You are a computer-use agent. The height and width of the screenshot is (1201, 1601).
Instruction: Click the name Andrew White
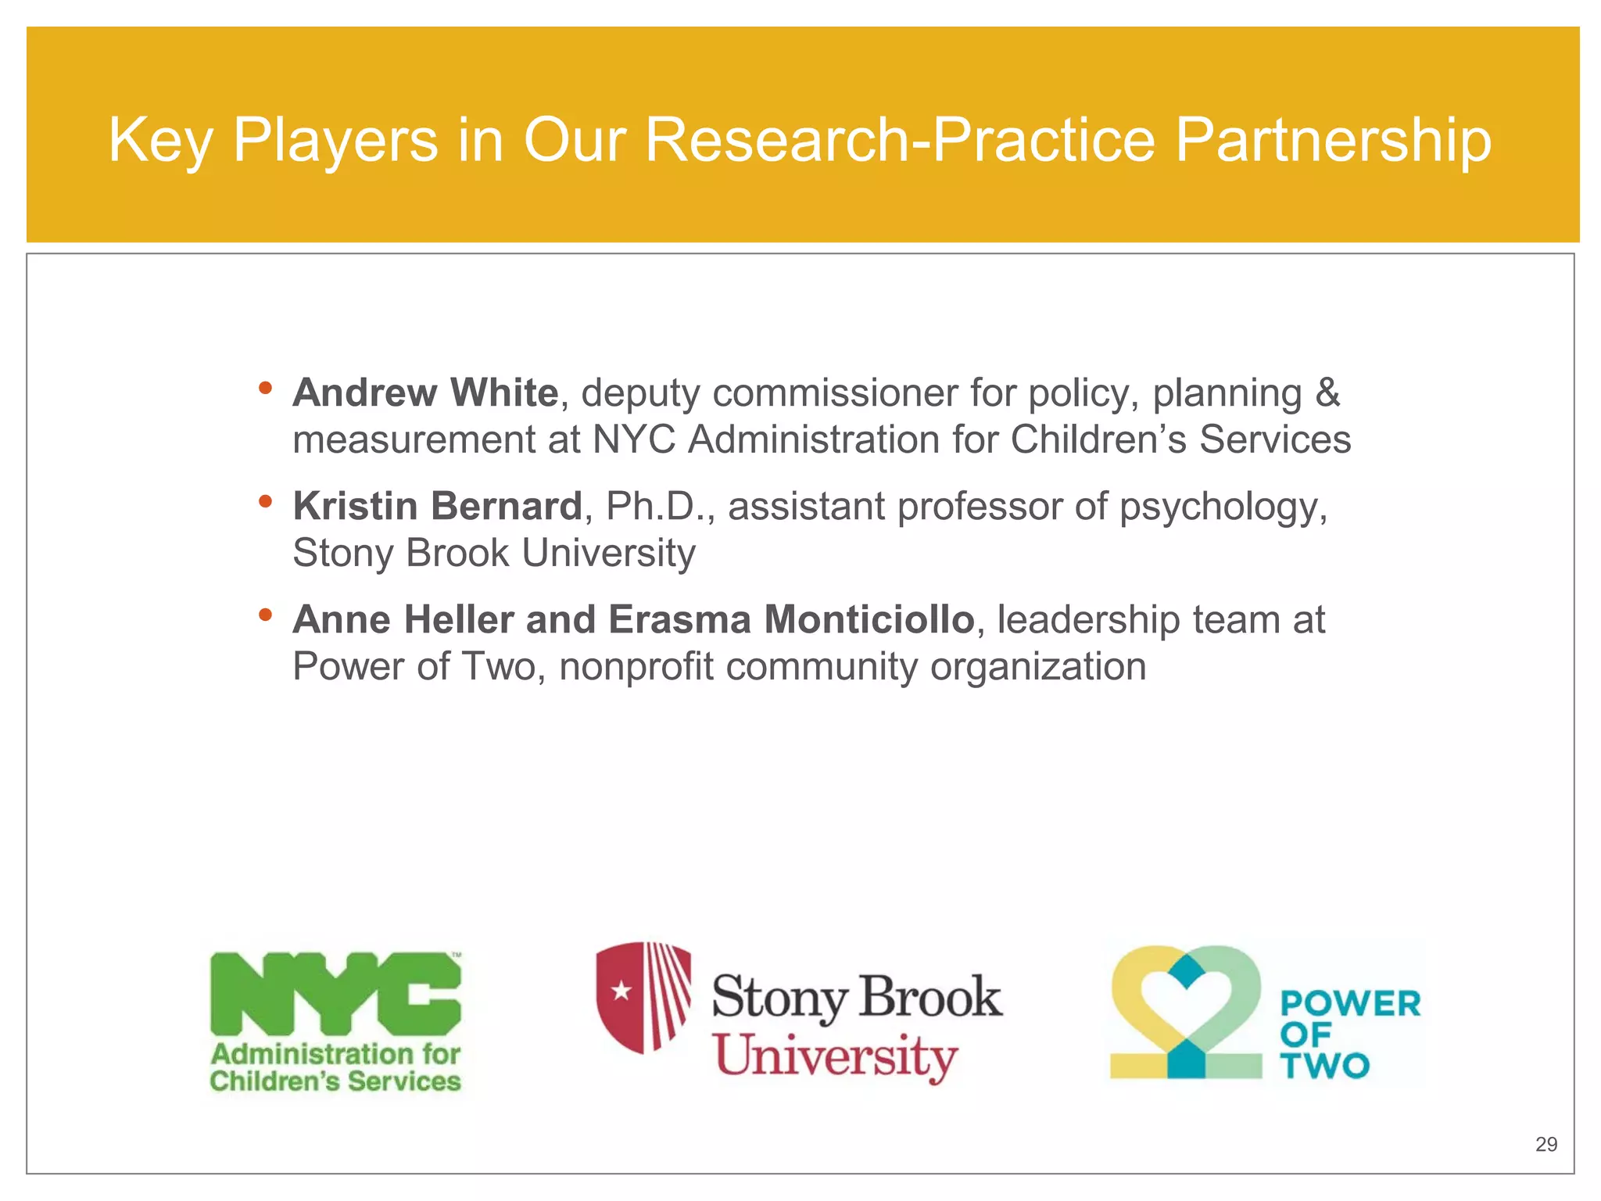click(x=425, y=393)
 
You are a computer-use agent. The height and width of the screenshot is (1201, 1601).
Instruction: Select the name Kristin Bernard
click(x=437, y=506)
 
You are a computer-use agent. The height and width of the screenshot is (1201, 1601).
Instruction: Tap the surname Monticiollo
click(x=869, y=619)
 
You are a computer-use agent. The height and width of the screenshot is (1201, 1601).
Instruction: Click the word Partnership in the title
click(x=1333, y=141)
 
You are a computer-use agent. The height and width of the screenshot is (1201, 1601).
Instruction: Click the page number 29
click(x=1546, y=1144)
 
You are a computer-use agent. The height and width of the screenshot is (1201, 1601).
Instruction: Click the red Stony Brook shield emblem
click(x=643, y=997)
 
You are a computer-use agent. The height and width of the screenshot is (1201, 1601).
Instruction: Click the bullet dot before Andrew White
click(x=266, y=388)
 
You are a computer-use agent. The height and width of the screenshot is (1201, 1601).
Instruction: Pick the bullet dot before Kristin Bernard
click(x=266, y=501)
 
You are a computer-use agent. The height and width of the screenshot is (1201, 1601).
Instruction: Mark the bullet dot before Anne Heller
click(x=266, y=615)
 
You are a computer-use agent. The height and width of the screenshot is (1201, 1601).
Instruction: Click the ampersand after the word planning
click(x=1327, y=393)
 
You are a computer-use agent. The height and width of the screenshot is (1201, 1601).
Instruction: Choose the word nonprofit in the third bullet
click(x=636, y=667)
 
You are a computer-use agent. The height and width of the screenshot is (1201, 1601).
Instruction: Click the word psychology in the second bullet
click(x=1223, y=507)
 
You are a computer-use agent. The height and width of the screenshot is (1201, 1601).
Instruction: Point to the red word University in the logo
click(x=836, y=1056)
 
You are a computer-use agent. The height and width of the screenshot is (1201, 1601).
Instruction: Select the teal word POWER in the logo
click(x=1350, y=1004)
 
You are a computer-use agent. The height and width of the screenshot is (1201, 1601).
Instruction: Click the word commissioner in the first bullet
click(x=835, y=393)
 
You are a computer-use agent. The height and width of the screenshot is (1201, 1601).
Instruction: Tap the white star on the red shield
click(x=621, y=991)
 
